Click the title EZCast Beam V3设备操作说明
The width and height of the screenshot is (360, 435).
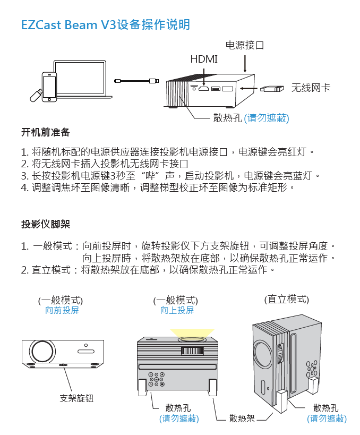click(x=105, y=25)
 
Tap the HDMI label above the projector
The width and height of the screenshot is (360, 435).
click(x=204, y=59)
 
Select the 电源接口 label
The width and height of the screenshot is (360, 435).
click(x=245, y=45)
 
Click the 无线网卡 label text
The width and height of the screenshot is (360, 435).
click(x=311, y=88)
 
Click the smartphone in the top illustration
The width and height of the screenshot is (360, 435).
click(x=49, y=86)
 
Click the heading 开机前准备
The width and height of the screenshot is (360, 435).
click(x=45, y=132)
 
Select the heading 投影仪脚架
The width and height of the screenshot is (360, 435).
click(x=45, y=224)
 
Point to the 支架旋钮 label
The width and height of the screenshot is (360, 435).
click(x=76, y=398)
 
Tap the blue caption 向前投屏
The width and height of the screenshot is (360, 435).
click(x=62, y=310)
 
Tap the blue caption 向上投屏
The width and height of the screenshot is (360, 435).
click(x=177, y=310)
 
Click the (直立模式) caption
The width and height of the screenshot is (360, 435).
click(x=286, y=299)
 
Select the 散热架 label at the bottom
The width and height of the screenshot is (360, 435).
click(x=242, y=419)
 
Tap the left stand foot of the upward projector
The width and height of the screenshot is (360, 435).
click(x=143, y=386)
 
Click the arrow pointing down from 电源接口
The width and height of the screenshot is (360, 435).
click(x=245, y=62)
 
